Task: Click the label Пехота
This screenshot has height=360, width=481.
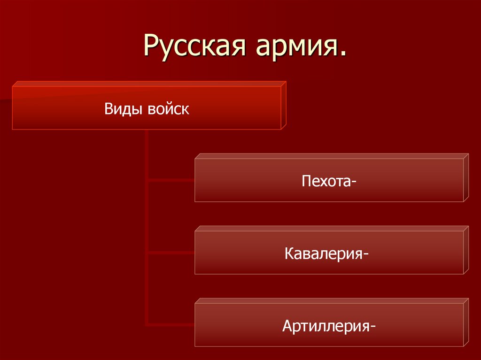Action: click(326, 181)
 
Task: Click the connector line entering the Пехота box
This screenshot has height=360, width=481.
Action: click(171, 179)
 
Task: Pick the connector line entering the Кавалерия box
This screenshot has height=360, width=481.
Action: click(171, 253)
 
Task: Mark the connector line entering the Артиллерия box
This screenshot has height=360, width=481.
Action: click(171, 324)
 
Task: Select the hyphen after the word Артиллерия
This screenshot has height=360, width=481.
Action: click(372, 327)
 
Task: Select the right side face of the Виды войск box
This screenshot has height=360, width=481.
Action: click(284, 105)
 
